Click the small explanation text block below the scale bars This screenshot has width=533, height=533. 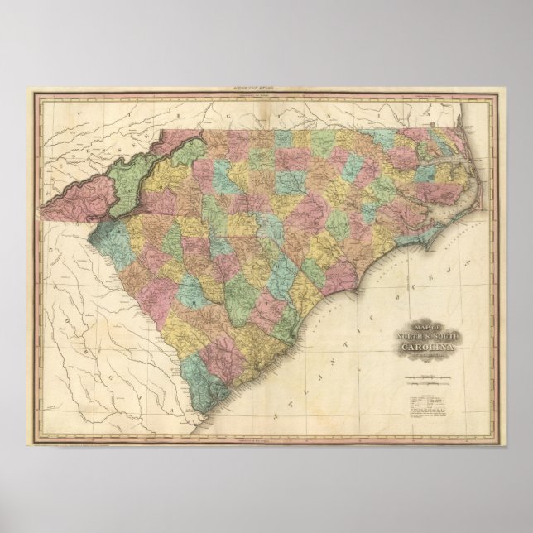pyautogui.click(x=424, y=406)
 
